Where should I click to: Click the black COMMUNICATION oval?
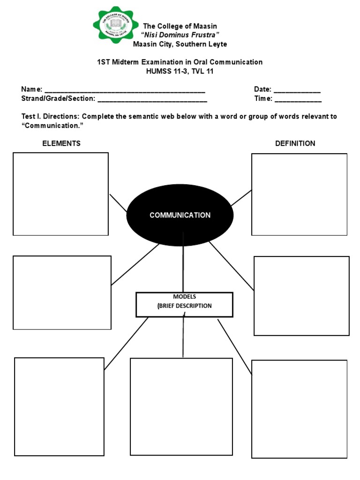180,215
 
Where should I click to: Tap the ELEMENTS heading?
61,143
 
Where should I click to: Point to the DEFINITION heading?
295,143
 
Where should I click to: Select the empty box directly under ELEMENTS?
60,194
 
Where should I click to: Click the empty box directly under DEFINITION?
299,194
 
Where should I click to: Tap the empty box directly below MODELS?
181,406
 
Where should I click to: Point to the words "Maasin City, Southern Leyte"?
180,45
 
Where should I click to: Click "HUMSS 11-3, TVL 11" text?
180,71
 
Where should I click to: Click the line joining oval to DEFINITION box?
241,198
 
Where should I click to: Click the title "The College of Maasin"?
180,26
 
